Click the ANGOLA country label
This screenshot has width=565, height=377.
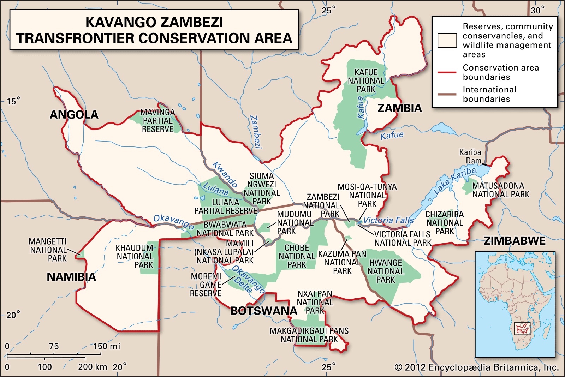tap(74, 115)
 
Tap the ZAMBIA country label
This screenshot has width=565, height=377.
tap(400, 108)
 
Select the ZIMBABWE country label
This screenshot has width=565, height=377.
tap(515, 241)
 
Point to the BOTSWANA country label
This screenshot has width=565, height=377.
tap(264, 311)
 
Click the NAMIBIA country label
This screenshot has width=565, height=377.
tap(71, 277)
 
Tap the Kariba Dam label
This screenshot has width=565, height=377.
tap(470, 157)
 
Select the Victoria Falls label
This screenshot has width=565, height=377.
tap(388, 220)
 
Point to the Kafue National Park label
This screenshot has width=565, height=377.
tap(366, 81)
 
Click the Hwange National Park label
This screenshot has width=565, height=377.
tap(386, 271)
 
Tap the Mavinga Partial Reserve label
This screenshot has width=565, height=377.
tap(157, 121)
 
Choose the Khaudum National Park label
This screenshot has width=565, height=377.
tap(135, 257)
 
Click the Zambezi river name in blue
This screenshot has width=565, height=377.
tap(256, 132)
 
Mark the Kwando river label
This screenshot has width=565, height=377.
tap(225, 174)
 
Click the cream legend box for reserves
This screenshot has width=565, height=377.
tap(447, 41)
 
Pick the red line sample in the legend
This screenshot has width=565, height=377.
tap(447, 72)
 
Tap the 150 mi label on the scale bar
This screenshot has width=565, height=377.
tap(107, 346)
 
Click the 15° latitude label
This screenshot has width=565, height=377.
tap(13, 102)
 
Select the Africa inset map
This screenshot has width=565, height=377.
tap(515, 304)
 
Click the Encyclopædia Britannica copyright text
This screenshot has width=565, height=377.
tap(477, 368)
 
